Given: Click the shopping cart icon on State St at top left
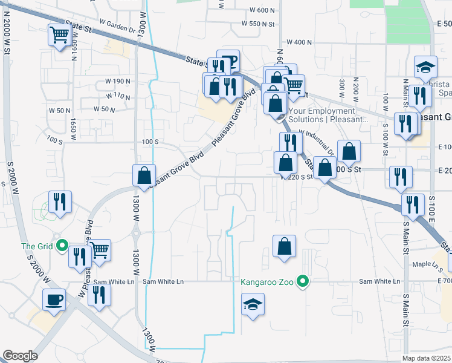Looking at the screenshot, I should click(x=59, y=36).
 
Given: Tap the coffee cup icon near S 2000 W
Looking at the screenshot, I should click(x=54, y=299).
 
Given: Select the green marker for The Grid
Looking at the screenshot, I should click(x=62, y=246).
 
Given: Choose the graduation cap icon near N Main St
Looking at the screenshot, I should click(x=425, y=67).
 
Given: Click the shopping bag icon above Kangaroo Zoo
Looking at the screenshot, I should click(x=284, y=246).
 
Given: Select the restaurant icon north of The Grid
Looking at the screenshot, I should click(x=60, y=201).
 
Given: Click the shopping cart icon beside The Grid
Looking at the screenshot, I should click(x=100, y=248).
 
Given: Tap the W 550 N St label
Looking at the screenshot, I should click(x=258, y=24).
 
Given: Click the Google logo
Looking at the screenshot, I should click(x=19, y=356).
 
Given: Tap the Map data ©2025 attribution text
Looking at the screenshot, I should click(x=427, y=358).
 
